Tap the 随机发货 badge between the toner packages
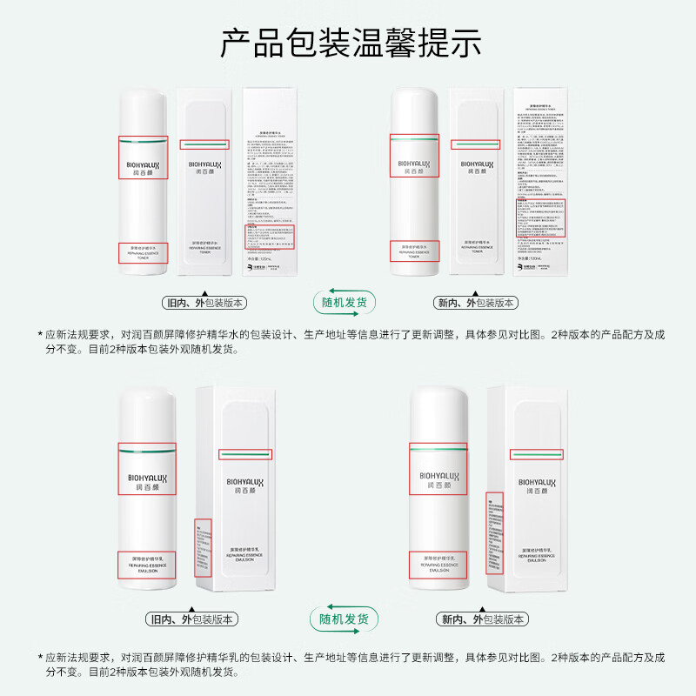coord(345,303)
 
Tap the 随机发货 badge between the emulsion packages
coord(345,619)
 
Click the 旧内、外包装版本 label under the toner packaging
coord(205,304)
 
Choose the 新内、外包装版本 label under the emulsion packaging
coord(482,619)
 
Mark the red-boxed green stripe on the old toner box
coord(204,144)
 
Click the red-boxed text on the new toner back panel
coord(540,217)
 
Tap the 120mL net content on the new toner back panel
coord(532,258)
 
